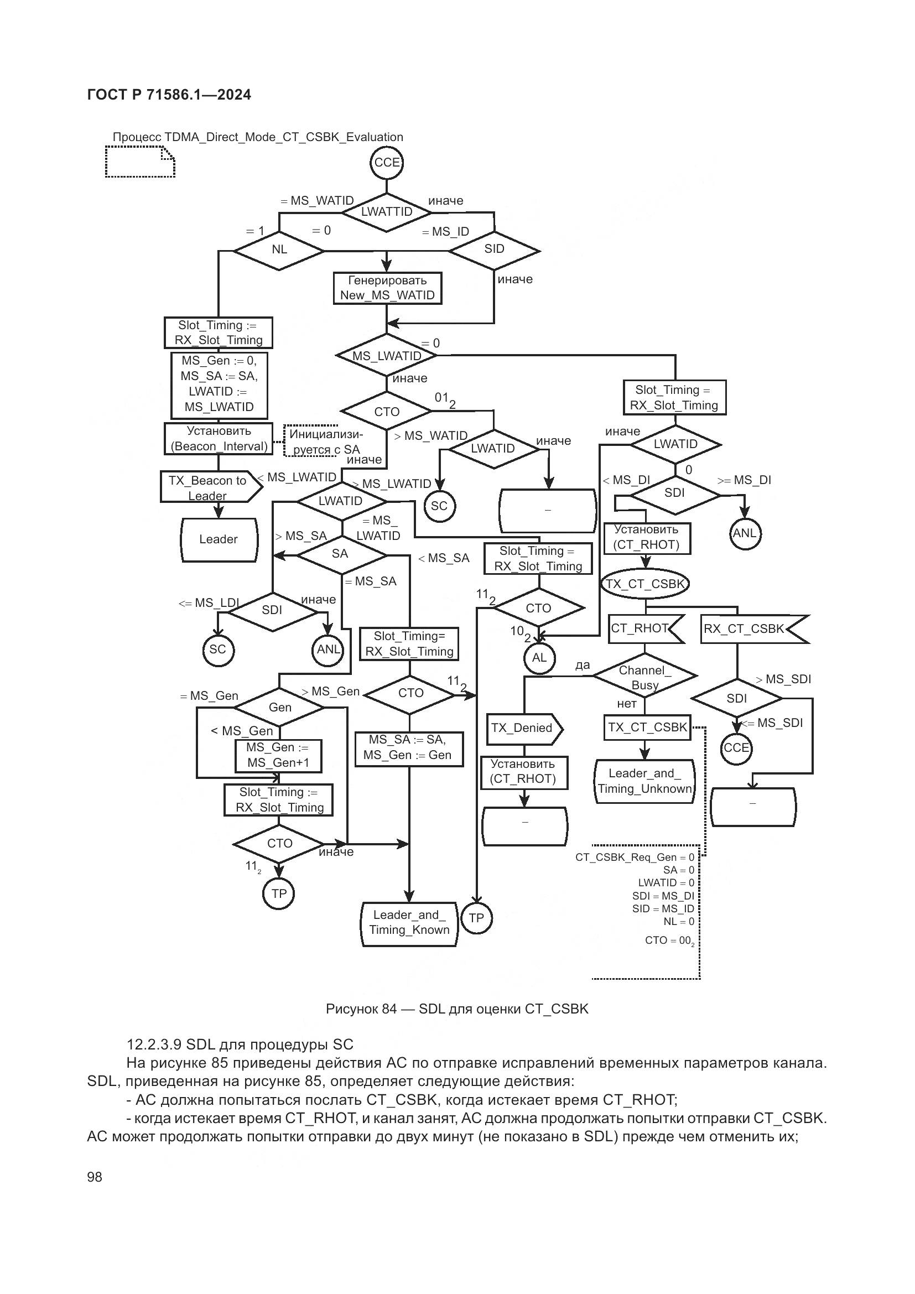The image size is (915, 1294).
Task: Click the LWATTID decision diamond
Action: [x=387, y=212]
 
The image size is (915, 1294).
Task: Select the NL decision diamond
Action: [x=279, y=250]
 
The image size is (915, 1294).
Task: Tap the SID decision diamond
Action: [x=494, y=250]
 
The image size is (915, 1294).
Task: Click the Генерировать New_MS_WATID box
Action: [x=387, y=288]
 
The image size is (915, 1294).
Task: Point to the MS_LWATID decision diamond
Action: [x=387, y=356]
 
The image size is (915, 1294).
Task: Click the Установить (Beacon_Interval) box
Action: [x=219, y=439]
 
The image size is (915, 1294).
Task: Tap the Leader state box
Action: [x=219, y=539]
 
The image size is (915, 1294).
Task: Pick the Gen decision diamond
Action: [x=279, y=708]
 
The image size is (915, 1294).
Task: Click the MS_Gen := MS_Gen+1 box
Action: [x=278, y=755]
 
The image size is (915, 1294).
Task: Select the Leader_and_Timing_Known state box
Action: [x=409, y=923]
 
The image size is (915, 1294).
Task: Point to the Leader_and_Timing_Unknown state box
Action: [x=644, y=781]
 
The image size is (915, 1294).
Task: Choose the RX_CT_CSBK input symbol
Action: [x=752, y=629]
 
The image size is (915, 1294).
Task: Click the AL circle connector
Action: [x=539, y=658]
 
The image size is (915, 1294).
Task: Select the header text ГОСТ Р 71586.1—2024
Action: [x=169, y=95]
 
